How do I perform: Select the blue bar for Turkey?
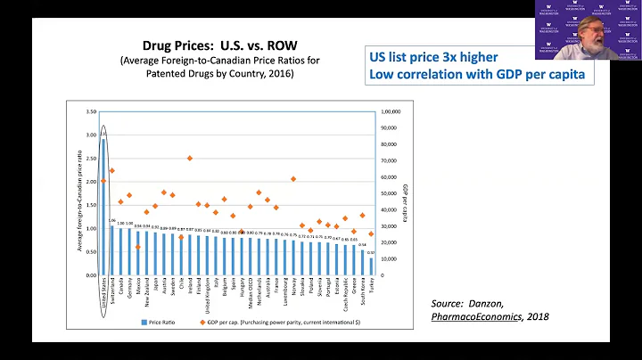[371, 266]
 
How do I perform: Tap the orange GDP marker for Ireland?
[190, 158]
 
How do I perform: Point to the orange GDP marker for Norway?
[293, 178]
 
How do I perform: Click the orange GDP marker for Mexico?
[137, 247]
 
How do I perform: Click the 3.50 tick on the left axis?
[91, 112]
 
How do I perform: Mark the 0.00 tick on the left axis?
[91, 274]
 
